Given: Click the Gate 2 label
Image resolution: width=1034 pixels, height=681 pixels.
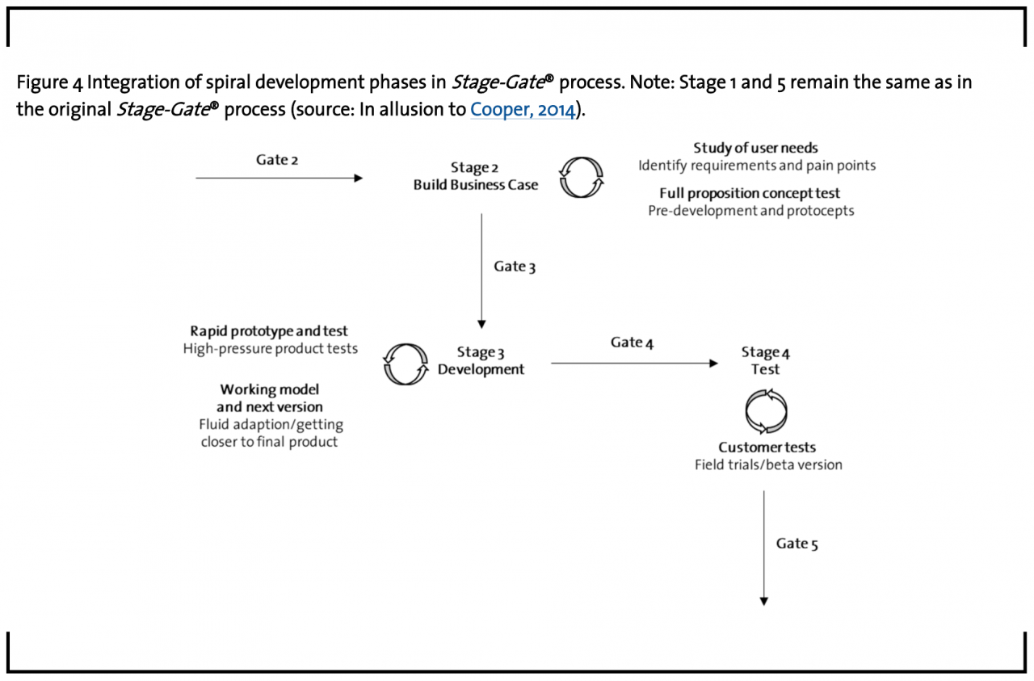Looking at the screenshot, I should [x=277, y=160].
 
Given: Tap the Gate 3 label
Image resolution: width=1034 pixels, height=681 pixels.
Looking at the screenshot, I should [x=515, y=267].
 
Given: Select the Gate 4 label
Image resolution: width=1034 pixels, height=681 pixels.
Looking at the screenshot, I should [x=632, y=343].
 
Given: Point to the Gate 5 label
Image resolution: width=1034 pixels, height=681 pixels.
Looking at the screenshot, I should [x=797, y=544].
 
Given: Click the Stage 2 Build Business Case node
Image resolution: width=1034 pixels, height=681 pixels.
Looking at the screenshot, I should [x=475, y=177].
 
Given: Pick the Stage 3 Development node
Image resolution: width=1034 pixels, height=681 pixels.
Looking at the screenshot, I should [x=481, y=361].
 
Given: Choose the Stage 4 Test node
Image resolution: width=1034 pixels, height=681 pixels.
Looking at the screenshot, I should [x=765, y=361].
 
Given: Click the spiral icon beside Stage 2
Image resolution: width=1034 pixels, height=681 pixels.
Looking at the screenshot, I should [x=582, y=177].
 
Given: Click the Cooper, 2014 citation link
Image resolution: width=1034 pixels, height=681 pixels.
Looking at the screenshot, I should [x=523, y=109].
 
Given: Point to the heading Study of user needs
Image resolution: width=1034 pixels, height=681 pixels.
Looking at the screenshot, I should [x=755, y=148].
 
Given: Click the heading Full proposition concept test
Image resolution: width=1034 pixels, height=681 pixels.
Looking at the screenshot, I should [x=750, y=193].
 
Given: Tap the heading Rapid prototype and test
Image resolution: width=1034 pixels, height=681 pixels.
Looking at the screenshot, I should [x=269, y=331].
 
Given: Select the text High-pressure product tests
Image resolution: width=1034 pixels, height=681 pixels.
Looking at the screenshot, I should [x=271, y=349].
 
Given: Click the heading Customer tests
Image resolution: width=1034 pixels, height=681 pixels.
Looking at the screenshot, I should [x=767, y=448].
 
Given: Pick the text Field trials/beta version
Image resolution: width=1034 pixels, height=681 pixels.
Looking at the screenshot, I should [x=768, y=465].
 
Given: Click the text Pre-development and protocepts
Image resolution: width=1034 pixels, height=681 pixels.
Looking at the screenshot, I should [x=751, y=211].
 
